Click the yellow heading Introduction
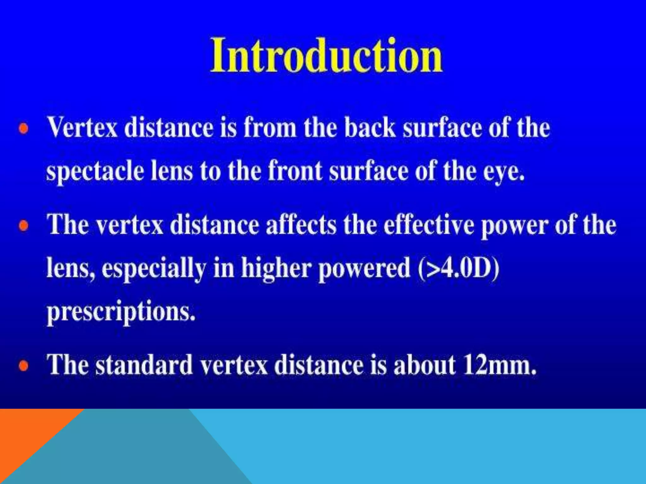click(326, 56)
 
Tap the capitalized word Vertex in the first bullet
click(83, 128)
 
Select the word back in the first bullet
click(370, 128)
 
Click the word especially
click(154, 269)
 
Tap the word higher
click(276, 269)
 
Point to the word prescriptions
click(121, 312)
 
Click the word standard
click(144, 365)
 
